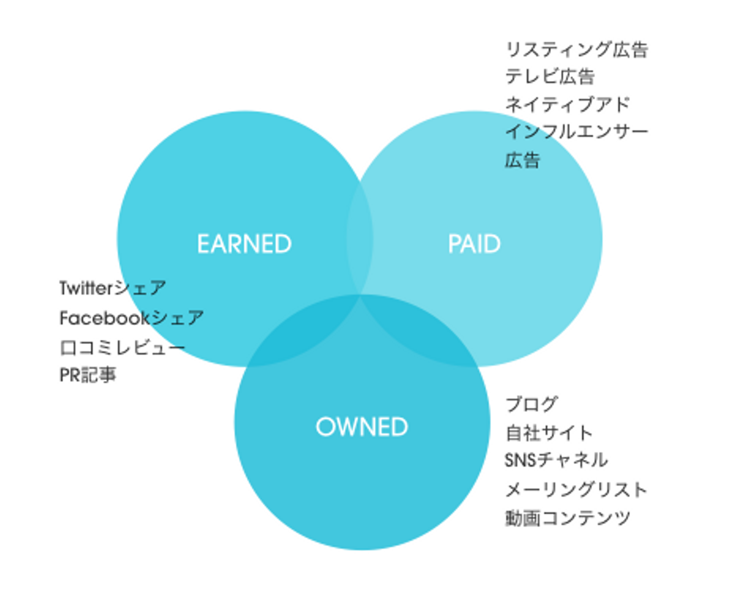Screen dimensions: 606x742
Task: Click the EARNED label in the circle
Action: click(244, 244)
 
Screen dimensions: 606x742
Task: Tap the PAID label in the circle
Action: click(474, 244)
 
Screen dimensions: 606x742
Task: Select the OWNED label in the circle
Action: click(362, 427)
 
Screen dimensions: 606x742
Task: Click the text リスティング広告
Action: click(576, 50)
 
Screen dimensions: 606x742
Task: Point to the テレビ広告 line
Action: click(550, 77)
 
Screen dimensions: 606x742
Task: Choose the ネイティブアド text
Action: click(567, 105)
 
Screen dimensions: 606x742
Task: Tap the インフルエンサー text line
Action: click(576, 132)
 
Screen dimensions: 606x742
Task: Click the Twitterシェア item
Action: click(113, 288)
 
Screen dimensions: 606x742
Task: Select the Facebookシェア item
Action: click(131, 318)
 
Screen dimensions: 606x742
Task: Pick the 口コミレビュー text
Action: click(122, 348)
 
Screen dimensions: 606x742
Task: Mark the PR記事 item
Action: click(88, 375)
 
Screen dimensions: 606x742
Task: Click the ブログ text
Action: click(531, 404)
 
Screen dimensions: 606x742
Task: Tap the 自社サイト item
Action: click(549, 432)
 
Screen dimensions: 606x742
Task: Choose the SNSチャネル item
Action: click(556, 460)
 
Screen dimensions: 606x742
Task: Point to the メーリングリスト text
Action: click(576, 489)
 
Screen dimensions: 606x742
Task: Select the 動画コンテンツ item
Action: click(567, 518)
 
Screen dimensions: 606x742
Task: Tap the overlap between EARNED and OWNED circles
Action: click(299, 335)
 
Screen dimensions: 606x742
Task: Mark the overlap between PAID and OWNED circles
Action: click(423, 335)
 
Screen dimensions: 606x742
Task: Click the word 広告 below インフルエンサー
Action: click(522, 160)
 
